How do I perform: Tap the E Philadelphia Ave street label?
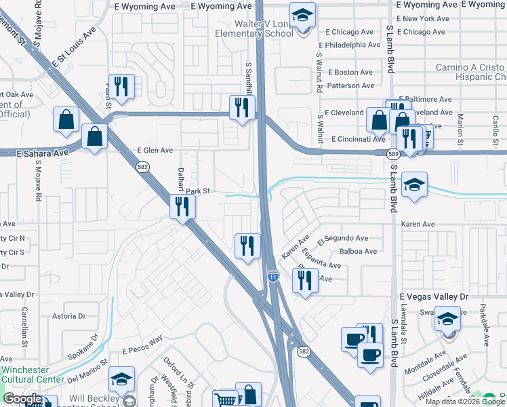pos(353,45)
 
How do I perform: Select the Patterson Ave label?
pos(350,86)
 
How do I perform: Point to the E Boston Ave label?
pos(350,73)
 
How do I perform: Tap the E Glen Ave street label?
pos(155,151)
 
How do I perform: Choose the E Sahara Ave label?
pos(43,154)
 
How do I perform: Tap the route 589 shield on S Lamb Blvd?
pos(394,155)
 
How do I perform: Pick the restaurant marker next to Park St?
pos(182,206)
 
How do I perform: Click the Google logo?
pos(22,399)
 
